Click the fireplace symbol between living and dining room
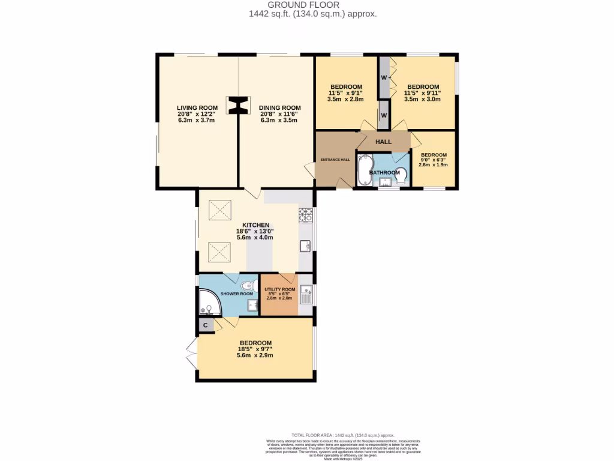[238, 106]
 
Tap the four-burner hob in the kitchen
[305, 214]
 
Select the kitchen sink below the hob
[306, 244]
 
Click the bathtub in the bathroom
[364, 170]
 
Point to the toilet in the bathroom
[402, 175]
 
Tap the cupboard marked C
[206, 325]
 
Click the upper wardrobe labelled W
[383, 77]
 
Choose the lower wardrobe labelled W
[383, 115]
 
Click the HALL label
[383, 142]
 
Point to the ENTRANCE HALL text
[335, 159]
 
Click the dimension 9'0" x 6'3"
[433, 160]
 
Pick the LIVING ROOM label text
[196, 107]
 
